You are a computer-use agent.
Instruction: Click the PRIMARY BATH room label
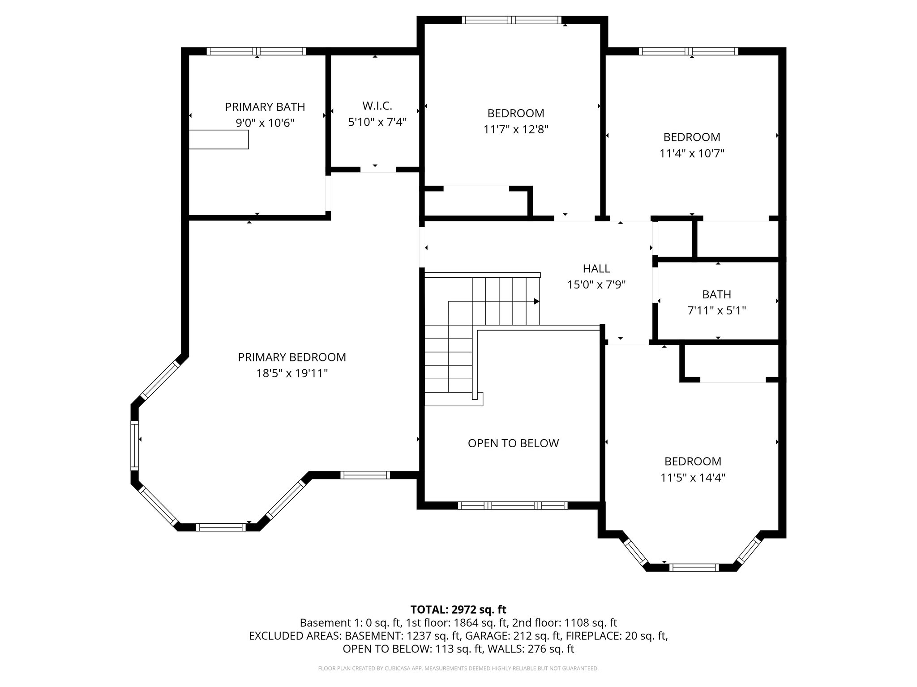[x=265, y=107]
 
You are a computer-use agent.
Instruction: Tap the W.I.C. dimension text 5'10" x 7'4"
[x=377, y=122]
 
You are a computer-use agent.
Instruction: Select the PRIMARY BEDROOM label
[x=291, y=357]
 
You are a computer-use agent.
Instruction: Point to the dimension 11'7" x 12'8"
[x=516, y=129]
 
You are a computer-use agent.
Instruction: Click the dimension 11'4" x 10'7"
[x=692, y=153]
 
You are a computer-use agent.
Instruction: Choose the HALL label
[x=596, y=268]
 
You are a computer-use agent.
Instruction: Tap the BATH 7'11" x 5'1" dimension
[x=716, y=310]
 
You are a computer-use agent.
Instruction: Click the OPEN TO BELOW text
[x=513, y=443]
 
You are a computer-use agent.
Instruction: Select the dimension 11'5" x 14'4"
[x=693, y=477]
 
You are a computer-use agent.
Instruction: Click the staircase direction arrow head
[x=536, y=301]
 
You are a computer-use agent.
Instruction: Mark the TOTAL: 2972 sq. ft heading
[x=458, y=609]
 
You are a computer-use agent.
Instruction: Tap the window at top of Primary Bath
[x=257, y=51]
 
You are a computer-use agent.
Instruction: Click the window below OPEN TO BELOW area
[x=513, y=505]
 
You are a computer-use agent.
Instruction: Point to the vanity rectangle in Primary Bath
[x=219, y=140]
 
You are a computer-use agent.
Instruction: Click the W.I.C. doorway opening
[x=378, y=170]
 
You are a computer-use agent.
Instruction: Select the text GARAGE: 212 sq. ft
[x=513, y=636]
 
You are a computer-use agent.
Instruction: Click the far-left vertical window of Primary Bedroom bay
[x=134, y=445]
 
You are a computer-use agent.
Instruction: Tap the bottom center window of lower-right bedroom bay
[x=694, y=568]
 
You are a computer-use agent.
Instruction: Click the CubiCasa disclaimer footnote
[x=458, y=668]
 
